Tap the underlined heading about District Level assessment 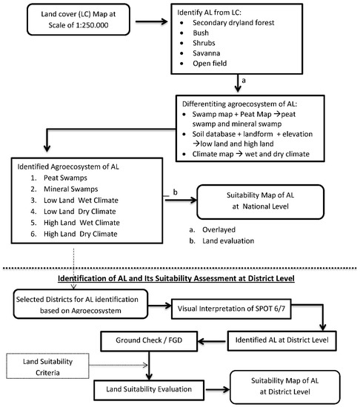[179, 278]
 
